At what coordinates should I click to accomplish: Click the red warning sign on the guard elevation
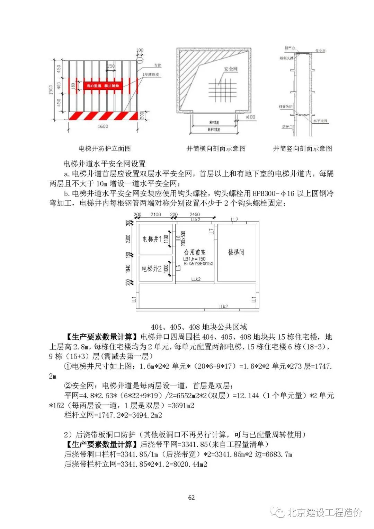(103, 85)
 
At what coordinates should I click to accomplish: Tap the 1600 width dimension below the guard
(103, 127)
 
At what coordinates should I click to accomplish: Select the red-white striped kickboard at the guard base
(103, 116)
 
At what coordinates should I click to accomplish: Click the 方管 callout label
(158, 65)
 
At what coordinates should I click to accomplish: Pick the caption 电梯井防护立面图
(105, 149)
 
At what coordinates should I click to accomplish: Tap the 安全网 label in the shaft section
(231, 69)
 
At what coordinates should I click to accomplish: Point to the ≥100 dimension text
(250, 117)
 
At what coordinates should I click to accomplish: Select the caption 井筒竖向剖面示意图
(302, 149)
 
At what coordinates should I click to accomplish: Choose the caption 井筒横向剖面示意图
(216, 149)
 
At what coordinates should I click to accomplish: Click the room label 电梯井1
(152, 239)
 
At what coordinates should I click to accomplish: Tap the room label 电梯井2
(152, 269)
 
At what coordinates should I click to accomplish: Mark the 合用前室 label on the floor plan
(195, 252)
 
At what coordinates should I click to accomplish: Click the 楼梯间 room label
(236, 252)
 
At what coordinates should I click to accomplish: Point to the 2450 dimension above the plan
(195, 215)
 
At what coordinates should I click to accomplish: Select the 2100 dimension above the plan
(155, 215)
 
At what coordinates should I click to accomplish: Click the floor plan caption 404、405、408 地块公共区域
(199, 327)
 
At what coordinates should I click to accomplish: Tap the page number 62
(192, 497)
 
